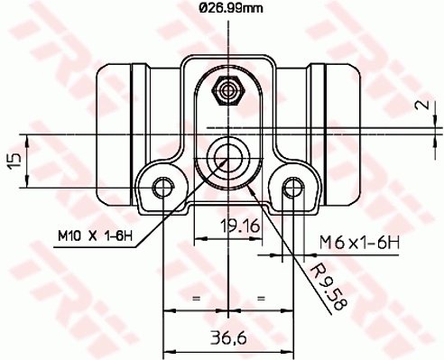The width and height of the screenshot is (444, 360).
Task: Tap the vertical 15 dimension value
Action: (x=13, y=161)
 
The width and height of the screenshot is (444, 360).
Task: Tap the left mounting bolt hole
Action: (x=162, y=187)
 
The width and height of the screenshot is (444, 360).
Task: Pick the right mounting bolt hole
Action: (x=291, y=187)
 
